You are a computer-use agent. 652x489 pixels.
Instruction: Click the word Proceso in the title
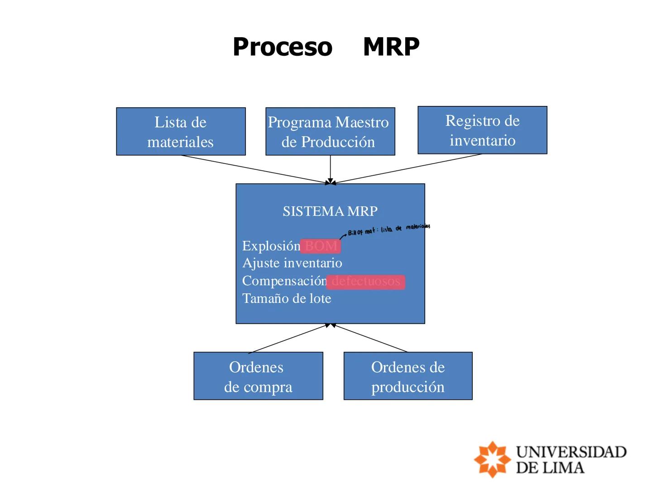coord(283,47)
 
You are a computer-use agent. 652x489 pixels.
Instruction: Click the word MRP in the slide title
coord(391,47)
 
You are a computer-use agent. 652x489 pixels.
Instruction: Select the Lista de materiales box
coord(181,131)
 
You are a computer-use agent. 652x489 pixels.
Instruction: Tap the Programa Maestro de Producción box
coord(330,131)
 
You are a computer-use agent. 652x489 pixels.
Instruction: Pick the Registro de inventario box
coord(482,130)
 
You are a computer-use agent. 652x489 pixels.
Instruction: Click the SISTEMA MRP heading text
coord(330,211)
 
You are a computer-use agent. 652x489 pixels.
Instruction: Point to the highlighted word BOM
coord(321,246)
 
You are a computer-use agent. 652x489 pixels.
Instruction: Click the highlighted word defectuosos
coord(365,281)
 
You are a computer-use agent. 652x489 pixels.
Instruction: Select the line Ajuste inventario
coord(292,263)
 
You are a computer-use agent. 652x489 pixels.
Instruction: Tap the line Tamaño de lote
coord(287,298)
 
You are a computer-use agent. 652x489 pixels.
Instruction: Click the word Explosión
coord(271,246)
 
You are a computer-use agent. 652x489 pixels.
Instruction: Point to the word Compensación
coord(284,281)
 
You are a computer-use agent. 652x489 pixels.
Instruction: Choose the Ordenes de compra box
coord(258,376)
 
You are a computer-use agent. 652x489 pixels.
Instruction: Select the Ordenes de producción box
coord(408,376)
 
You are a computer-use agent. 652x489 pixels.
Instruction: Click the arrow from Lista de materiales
coord(254,169)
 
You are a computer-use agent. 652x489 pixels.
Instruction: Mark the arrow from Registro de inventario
coord(407,169)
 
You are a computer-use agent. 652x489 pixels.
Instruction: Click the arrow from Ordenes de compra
coord(288,338)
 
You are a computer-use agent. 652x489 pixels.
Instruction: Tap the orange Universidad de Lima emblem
coord(492,459)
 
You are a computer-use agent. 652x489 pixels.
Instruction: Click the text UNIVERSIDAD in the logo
coord(571,452)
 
